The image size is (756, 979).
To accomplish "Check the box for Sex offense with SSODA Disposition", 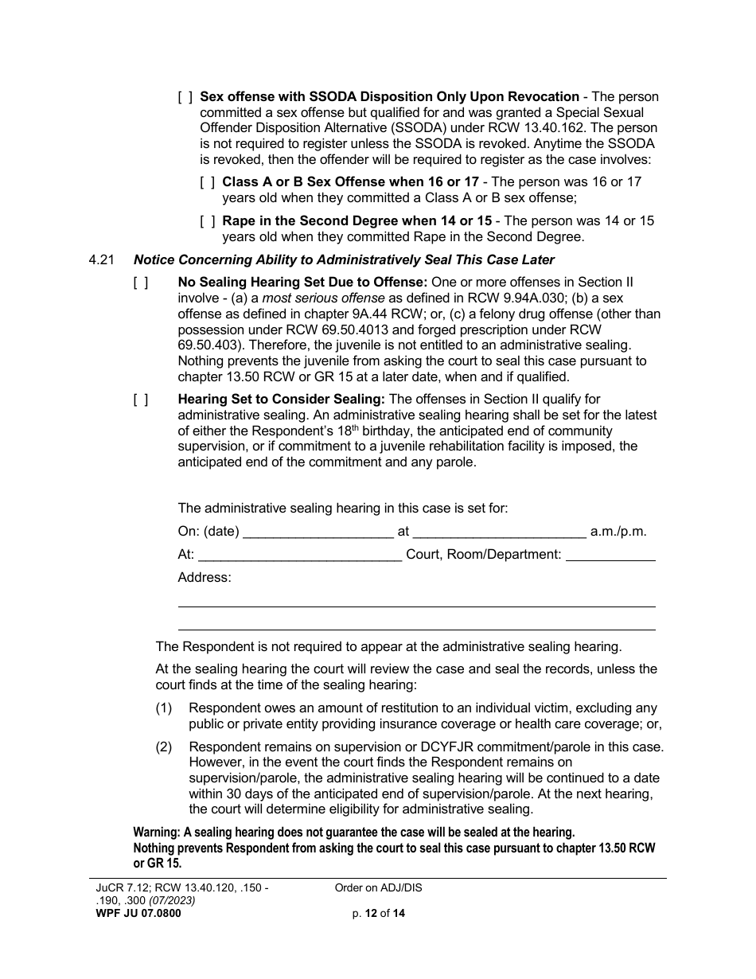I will coord(185,97).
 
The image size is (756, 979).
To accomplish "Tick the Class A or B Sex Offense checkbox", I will coord(207,181).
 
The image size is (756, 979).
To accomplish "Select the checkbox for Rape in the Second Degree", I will coord(207,220).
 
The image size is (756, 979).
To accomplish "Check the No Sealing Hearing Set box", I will coord(140,283).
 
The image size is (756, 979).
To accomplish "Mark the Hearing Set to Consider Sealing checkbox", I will coord(140,400).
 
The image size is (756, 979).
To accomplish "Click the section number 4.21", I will coord(103,259).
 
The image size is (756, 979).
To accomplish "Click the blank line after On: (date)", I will coord(318,532).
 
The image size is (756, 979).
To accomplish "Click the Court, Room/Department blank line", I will coord(610,555).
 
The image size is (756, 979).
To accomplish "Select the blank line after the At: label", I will coord(300,555).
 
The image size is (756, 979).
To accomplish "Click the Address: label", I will coord(204,577).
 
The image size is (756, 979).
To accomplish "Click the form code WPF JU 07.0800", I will coord(134,914).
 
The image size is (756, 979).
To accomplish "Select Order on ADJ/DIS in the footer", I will coord(378,887).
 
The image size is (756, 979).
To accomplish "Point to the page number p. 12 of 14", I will coord(378,914).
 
